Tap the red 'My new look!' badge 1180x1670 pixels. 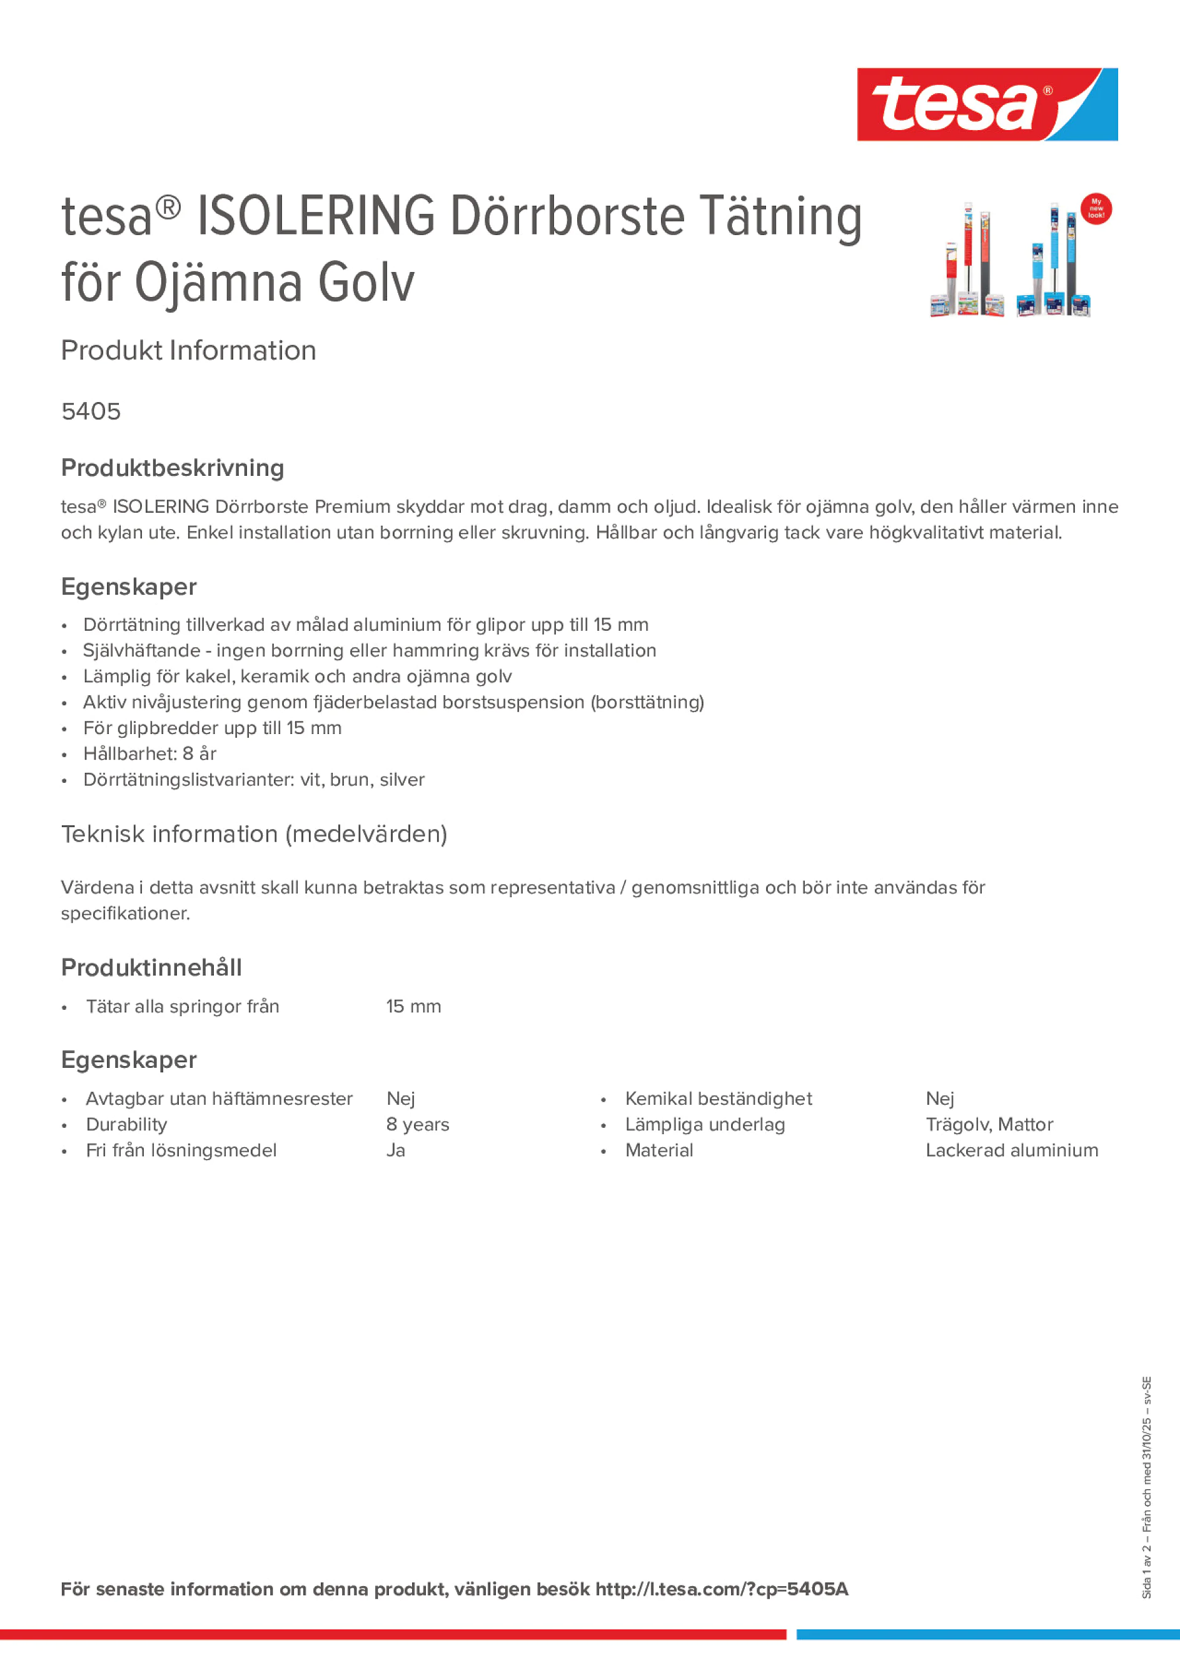[x=1096, y=209]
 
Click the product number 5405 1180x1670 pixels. [x=91, y=411]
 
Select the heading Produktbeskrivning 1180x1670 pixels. [x=173, y=468]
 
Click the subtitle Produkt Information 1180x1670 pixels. [x=188, y=351]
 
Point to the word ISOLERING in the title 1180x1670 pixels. [x=316, y=217]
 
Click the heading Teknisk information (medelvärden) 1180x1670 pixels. [x=254, y=834]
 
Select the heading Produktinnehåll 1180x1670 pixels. [x=151, y=967]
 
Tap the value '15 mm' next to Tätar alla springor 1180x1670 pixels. [x=413, y=1007]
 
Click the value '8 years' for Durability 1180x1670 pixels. [x=418, y=1125]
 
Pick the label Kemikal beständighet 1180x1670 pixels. [x=718, y=1099]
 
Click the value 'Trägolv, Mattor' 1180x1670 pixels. [x=989, y=1125]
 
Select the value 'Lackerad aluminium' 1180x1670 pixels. [x=1011, y=1150]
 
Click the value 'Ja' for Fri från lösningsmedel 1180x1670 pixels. [x=396, y=1150]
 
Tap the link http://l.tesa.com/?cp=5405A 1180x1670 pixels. [x=722, y=1589]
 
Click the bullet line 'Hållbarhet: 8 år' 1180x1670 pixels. [x=150, y=753]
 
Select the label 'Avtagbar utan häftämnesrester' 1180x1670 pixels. [x=219, y=1099]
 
